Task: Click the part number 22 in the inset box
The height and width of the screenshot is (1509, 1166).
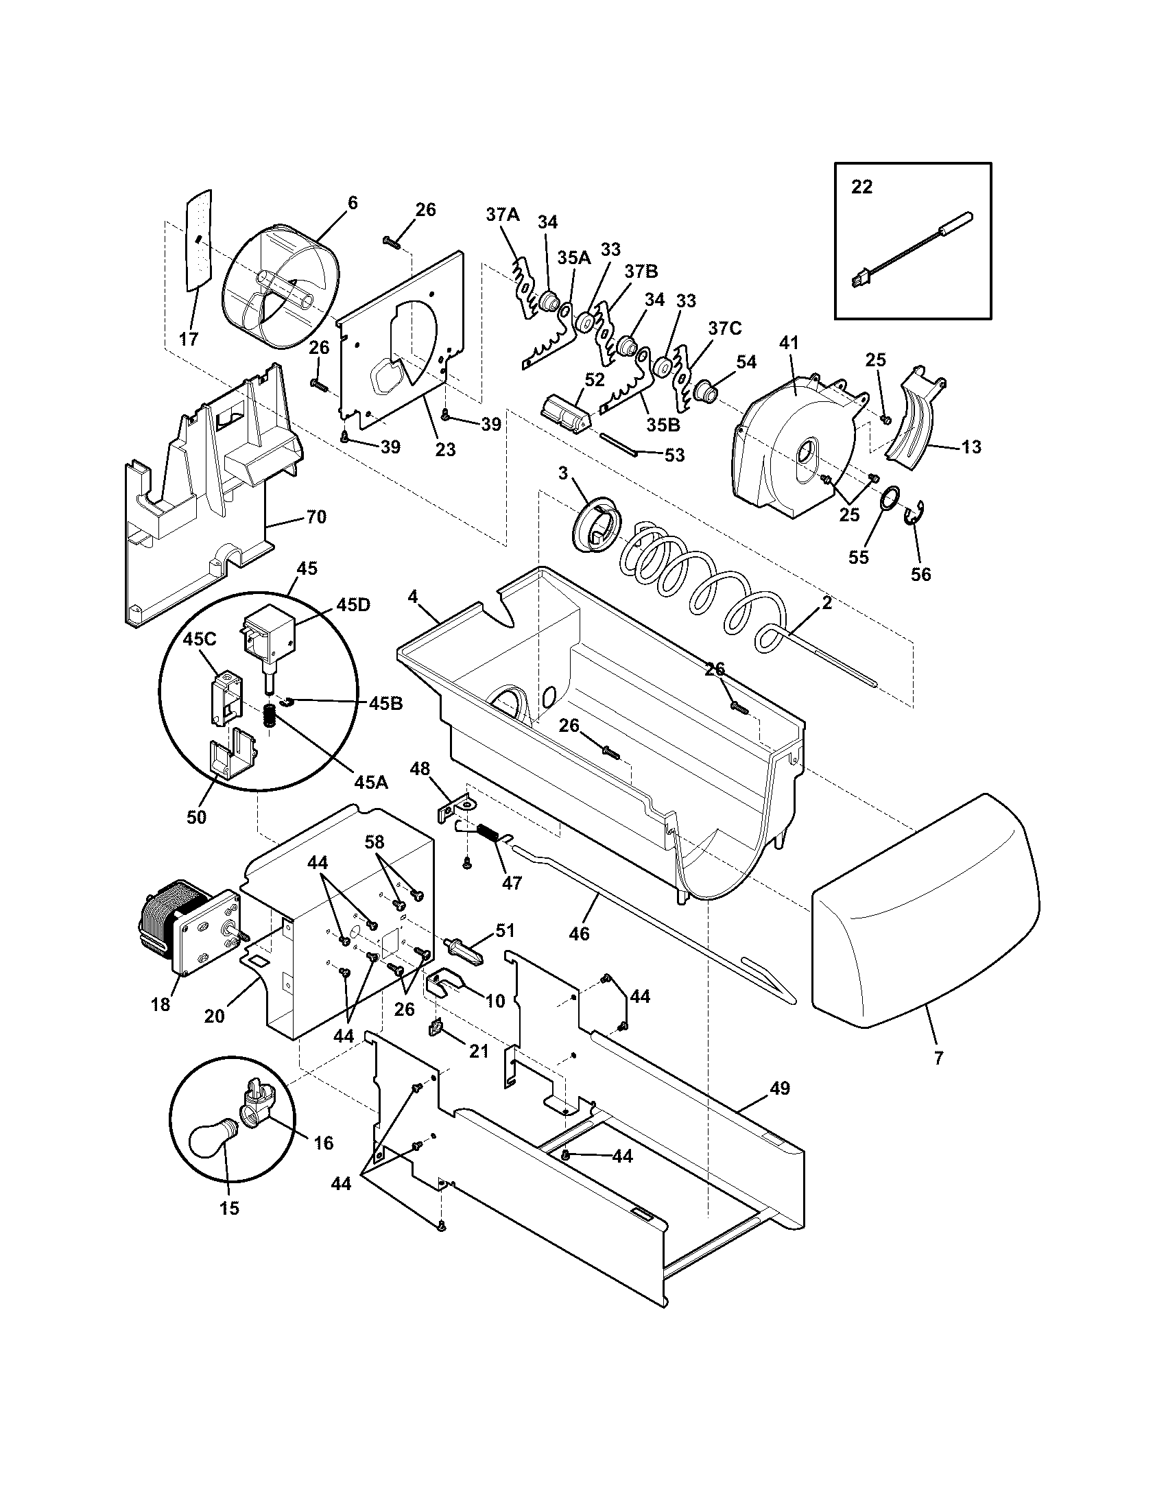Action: pyautogui.click(x=861, y=187)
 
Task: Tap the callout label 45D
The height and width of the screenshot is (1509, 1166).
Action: pyautogui.click(x=353, y=604)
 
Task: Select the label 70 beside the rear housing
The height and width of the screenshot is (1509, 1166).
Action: pyautogui.click(x=316, y=516)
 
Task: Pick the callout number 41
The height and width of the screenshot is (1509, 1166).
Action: pyautogui.click(x=789, y=343)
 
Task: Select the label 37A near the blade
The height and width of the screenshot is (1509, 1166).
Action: pyautogui.click(x=502, y=215)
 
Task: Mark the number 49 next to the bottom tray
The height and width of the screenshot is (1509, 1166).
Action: pyautogui.click(x=780, y=1089)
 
